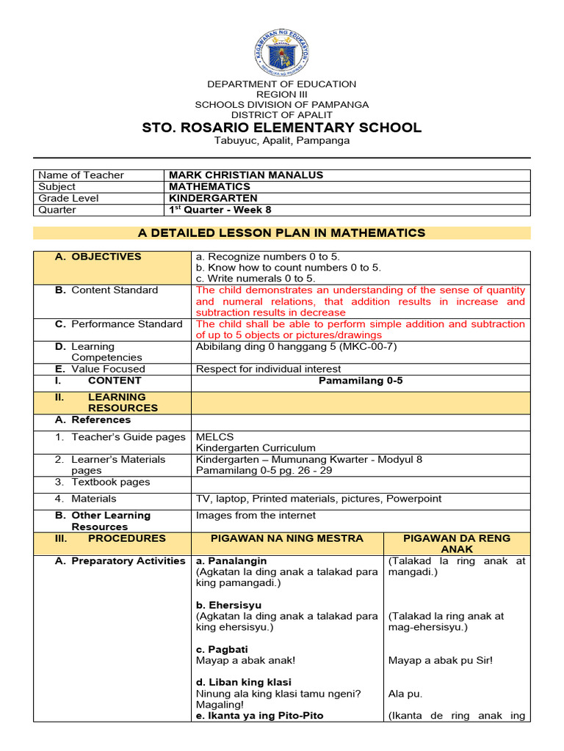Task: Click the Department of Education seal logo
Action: [x=282, y=44]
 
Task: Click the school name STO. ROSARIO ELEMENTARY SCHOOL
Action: [x=282, y=128]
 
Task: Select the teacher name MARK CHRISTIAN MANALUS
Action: [x=246, y=175]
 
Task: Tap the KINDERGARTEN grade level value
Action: [x=213, y=198]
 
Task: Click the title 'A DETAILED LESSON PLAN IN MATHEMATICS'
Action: [x=282, y=233]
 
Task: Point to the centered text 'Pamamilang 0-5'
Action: [x=360, y=381]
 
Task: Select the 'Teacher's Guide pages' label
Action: [x=128, y=437]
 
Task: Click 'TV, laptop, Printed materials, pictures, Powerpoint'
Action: [x=319, y=499]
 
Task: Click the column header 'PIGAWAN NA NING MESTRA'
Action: [x=287, y=538]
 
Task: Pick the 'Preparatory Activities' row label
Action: [x=128, y=561]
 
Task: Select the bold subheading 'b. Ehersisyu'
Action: [x=225, y=605]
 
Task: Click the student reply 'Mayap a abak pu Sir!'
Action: [x=440, y=660]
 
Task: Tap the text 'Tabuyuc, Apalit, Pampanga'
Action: [x=282, y=141]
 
